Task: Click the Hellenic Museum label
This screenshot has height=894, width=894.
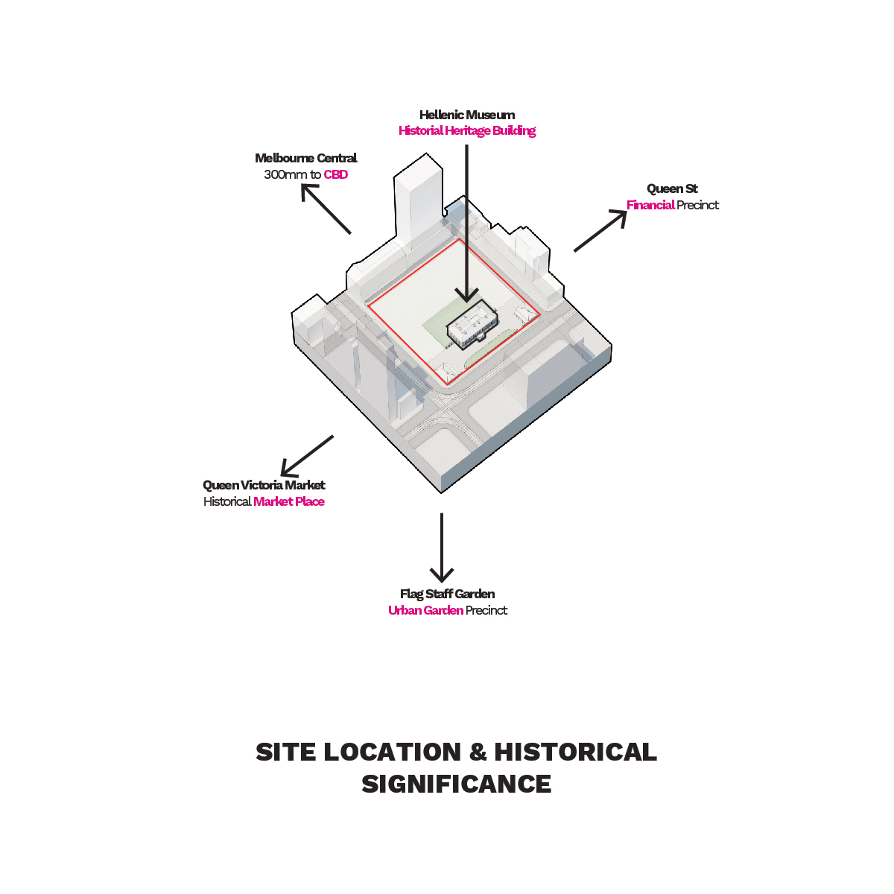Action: tap(466, 115)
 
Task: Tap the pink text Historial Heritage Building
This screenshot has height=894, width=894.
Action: tap(466, 131)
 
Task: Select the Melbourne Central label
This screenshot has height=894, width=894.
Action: tap(305, 158)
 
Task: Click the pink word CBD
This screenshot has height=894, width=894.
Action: tap(335, 175)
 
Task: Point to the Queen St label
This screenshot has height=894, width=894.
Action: tap(672, 188)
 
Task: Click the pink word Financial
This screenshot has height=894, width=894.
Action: tap(650, 206)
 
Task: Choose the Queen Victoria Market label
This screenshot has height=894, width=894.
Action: tap(264, 485)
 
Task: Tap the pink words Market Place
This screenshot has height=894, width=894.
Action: tap(289, 502)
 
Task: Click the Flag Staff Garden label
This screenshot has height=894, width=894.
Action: tap(447, 594)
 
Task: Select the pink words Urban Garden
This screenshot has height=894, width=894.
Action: tap(425, 611)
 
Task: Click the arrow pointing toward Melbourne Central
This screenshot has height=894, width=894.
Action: tap(326, 209)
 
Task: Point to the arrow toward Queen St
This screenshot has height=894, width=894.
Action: tap(600, 231)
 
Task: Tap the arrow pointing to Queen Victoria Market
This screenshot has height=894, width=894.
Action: tap(307, 456)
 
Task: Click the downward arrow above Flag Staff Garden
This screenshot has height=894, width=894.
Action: tap(442, 548)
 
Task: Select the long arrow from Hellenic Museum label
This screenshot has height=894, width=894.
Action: tap(467, 223)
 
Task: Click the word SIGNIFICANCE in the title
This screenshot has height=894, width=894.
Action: tap(456, 784)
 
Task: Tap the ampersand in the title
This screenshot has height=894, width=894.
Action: tap(478, 752)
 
